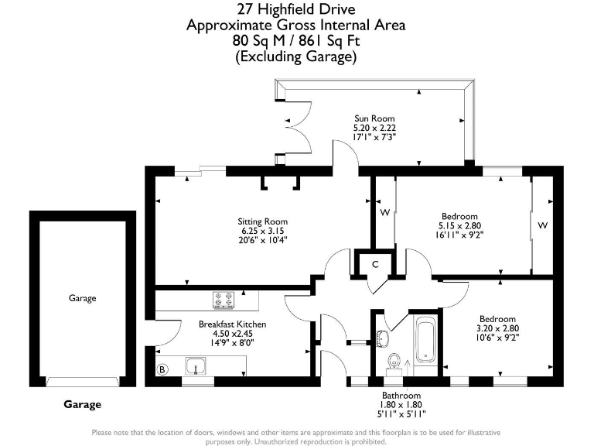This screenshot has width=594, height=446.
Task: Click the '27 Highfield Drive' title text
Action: pos(296,9)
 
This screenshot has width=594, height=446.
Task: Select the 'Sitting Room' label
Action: pos(262,221)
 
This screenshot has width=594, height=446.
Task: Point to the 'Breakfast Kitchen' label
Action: pos(232,324)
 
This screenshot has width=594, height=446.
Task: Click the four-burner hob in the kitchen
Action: pos(224,299)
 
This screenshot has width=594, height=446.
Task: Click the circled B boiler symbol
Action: pos(162,370)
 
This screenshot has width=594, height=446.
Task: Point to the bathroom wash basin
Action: pos(383,337)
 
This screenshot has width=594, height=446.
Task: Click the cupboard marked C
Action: pos(374,265)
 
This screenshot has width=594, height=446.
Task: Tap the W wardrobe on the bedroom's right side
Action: pos(543,225)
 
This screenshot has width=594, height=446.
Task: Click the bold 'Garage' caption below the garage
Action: pos(82,404)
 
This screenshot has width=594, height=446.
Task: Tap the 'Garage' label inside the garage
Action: pos(82,298)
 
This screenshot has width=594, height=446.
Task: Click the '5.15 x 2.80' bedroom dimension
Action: pos(459,226)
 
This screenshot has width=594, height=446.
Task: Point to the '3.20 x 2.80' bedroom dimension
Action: pos(497,328)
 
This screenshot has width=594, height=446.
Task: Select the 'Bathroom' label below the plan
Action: pos(400,395)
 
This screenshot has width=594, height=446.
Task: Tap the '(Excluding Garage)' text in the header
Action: pos(296,57)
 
